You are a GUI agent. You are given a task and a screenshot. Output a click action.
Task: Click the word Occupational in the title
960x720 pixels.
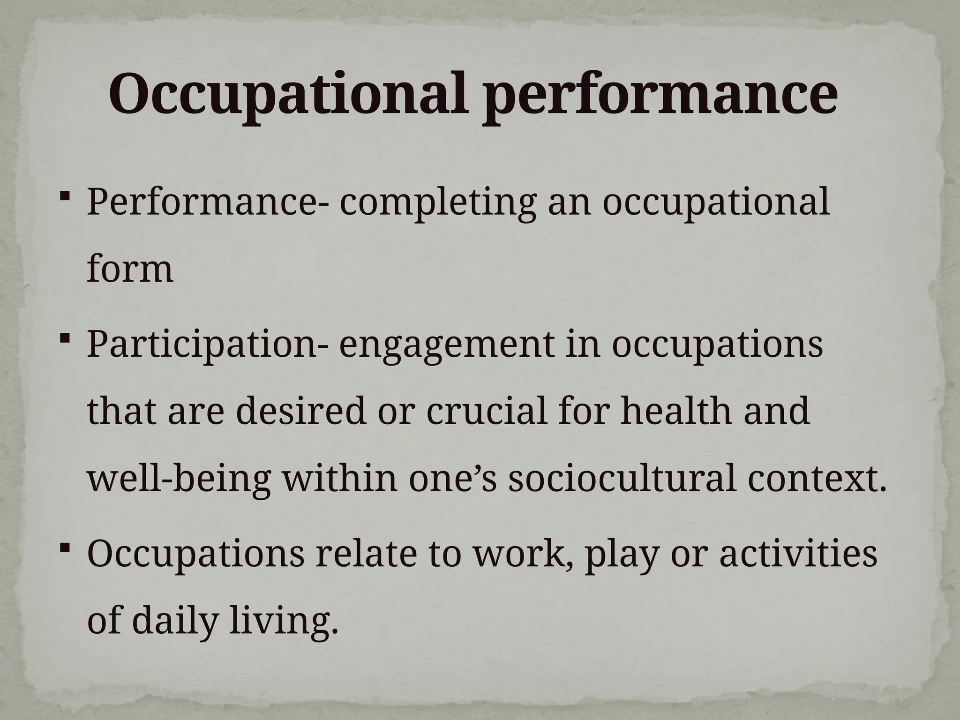(288, 95)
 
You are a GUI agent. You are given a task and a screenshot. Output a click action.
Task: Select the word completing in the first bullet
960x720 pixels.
(437, 203)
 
